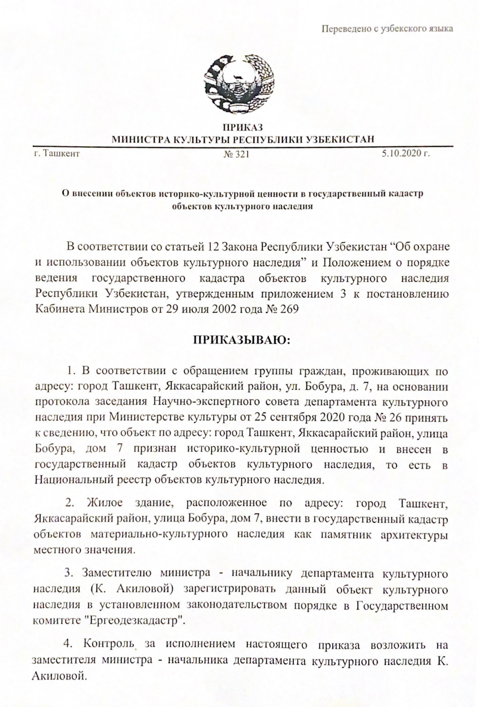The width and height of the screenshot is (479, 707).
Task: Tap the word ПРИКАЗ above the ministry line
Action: coord(243,127)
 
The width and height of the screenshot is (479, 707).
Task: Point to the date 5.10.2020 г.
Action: coord(406,153)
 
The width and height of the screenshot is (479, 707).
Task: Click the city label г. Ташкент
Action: coord(57,153)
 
